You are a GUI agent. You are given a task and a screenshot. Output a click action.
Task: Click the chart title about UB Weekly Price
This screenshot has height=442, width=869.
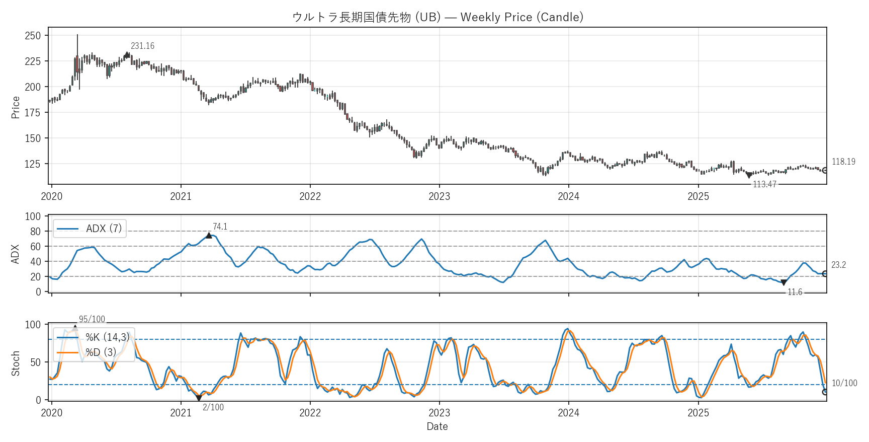(x=438, y=17)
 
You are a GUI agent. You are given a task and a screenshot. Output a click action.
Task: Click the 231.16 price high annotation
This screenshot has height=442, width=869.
(x=142, y=46)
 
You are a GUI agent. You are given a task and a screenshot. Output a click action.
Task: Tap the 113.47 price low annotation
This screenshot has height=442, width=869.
(x=764, y=184)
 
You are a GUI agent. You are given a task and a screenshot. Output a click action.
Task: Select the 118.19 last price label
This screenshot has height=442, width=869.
(x=843, y=162)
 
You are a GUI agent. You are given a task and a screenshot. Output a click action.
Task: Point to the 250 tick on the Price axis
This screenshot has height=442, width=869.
(x=33, y=36)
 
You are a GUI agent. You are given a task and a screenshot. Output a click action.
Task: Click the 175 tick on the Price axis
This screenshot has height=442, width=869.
(x=33, y=113)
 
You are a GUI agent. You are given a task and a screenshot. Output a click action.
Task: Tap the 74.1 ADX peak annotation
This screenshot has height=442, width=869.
(x=220, y=227)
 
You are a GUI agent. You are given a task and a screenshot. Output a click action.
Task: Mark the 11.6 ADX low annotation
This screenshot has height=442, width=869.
(x=795, y=292)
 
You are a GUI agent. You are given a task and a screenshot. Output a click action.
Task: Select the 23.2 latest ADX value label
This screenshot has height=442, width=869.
(x=838, y=265)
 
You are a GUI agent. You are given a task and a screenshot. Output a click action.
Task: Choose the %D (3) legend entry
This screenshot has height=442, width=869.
(x=101, y=352)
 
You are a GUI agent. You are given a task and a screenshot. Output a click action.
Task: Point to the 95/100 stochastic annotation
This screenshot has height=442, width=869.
(x=92, y=319)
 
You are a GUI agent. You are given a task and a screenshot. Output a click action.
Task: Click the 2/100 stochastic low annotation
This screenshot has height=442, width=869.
(x=213, y=407)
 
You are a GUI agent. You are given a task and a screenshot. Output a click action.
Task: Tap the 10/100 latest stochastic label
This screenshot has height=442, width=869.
(x=844, y=383)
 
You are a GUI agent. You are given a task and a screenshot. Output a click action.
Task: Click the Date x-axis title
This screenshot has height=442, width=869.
(x=437, y=426)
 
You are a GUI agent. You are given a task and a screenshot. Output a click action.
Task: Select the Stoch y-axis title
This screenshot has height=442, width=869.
(x=16, y=363)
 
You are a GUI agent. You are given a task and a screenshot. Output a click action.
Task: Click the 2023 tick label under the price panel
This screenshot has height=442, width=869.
(x=439, y=196)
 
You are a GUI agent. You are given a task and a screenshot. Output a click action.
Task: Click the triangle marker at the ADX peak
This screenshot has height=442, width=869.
(x=209, y=235)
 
